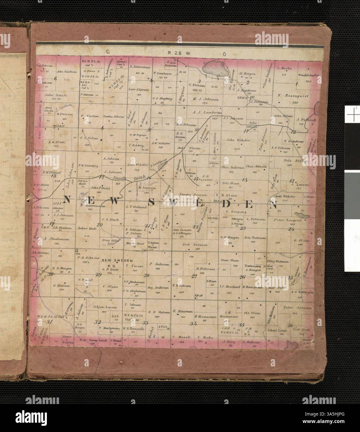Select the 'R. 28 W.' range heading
tap(176, 53)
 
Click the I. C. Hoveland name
tap(230, 287)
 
